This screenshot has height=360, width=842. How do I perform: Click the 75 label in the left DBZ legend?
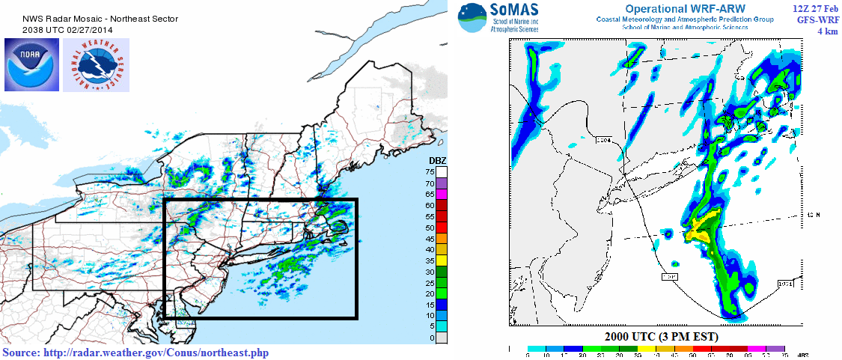pyautogui.click(x=432, y=172)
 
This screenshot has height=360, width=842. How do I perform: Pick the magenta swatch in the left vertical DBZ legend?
pyautogui.click(x=442, y=194)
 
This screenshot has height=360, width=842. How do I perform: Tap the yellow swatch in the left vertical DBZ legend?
pyautogui.click(x=442, y=260)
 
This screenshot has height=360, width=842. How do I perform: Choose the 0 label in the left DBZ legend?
pyautogui.click(x=432, y=338)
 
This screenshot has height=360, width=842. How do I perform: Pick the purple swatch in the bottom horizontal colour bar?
pyautogui.click(x=776, y=348)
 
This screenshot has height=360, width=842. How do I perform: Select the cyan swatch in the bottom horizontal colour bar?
pyautogui.click(x=536, y=348)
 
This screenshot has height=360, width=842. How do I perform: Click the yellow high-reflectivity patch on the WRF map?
pyautogui.click(x=701, y=228)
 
